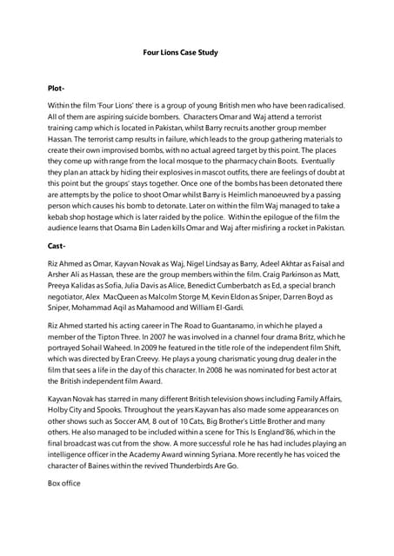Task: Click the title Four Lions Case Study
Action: click(180, 53)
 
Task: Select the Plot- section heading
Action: click(56, 89)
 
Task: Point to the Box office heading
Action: click(63, 482)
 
